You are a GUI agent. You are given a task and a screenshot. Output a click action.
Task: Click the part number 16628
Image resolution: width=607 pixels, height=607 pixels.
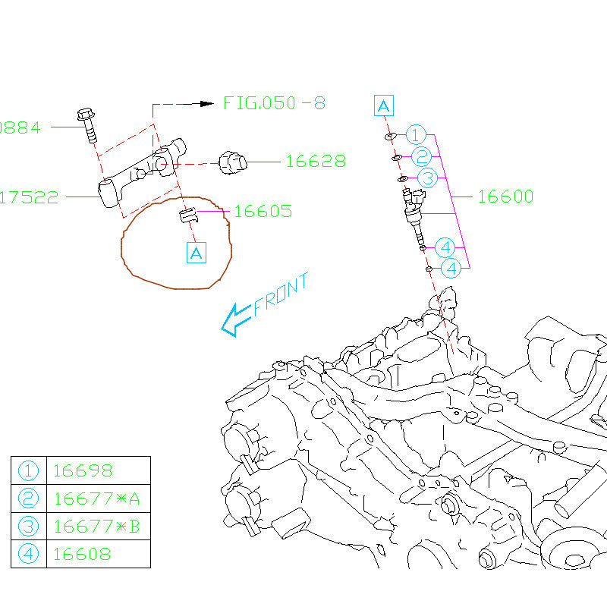[316, 162]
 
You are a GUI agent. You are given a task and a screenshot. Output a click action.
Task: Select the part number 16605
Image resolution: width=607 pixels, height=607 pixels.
[263, 212]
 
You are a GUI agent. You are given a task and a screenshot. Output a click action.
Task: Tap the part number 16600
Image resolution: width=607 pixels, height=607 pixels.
[505, 197]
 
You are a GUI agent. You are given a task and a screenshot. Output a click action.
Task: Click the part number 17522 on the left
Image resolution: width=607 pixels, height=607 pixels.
[29, 198]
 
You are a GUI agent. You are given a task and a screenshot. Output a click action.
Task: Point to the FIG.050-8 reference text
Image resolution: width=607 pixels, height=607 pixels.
[274, 103]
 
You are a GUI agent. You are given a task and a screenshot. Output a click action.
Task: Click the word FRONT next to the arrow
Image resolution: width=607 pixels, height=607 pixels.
[281, 294]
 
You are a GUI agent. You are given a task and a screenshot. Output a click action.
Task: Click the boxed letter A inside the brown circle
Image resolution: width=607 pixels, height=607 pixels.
[196, 253]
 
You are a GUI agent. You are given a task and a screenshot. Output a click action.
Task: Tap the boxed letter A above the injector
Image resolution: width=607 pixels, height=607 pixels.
[384, 105]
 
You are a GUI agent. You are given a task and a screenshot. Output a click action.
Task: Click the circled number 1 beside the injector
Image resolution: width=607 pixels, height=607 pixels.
[416, 135]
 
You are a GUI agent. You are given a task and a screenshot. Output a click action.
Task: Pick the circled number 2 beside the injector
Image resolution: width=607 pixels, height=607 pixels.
[423, 157]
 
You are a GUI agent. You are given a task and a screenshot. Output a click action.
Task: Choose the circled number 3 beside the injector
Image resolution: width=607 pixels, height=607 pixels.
[428, 179]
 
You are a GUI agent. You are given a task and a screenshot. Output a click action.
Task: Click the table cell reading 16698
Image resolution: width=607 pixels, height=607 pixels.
[83, 470]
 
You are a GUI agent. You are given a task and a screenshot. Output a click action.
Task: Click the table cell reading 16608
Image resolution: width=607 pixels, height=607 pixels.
[82, 554]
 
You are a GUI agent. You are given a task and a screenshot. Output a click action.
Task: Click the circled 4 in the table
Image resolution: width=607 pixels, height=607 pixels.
[29, 554]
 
